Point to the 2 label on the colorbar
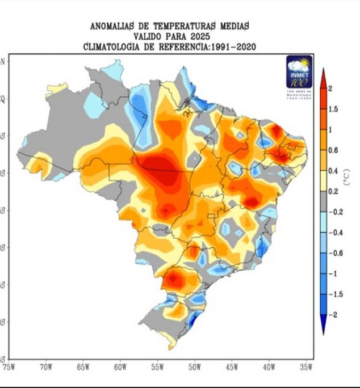tap(330, 88)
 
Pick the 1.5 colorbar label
tap(333, 109)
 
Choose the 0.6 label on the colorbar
tap(333, 150)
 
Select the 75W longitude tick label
tap(9, 367)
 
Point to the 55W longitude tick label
tap(157, 367)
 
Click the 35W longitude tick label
tap(306, 367)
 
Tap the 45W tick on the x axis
tap(232, 367)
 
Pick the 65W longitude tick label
tap(83, 367)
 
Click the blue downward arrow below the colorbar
tap(322, 327)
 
